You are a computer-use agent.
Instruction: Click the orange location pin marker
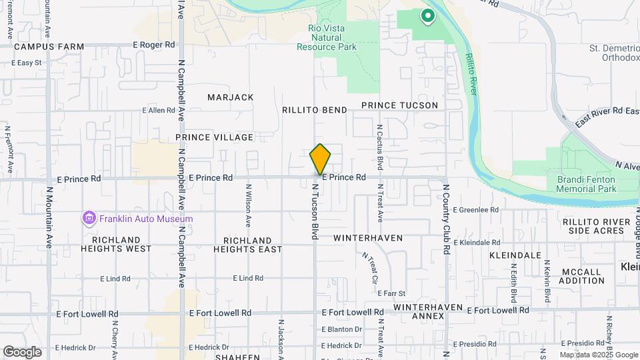pyautogui.click(x=320, y=159)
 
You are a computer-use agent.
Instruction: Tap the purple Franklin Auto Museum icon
pyautogui.click(x=89, y=218)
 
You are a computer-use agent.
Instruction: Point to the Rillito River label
pyautogui.click(x=473, y=74)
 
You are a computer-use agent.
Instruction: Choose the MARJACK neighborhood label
pyautogui.click(x=231, y=97)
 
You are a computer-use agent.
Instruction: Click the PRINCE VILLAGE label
pyautogui.click(x=215, y=137)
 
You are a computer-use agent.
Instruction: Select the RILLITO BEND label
pyautogui.click(x=314, y=110)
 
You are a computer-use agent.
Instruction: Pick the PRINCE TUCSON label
pyautogui.click(x=399, y=105)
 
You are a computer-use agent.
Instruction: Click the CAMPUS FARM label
pyautogui.click(x=49, y=47)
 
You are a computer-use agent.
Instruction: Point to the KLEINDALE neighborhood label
pyautogui.click(x=515, y=255)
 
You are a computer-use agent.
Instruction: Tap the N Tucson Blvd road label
pyautogui.click(x=314, y=212)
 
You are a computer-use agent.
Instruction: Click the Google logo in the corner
pyautogui.click(x=22, y=351)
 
